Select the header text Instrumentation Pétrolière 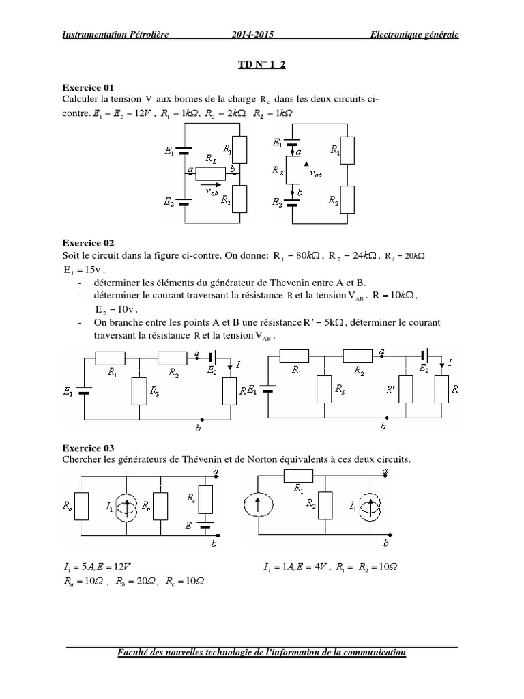click(115, 34)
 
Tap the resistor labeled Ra click(83, 507)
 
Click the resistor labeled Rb click(160, 507)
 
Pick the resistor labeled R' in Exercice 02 click(406, 389)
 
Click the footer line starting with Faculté click(261, 653)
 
